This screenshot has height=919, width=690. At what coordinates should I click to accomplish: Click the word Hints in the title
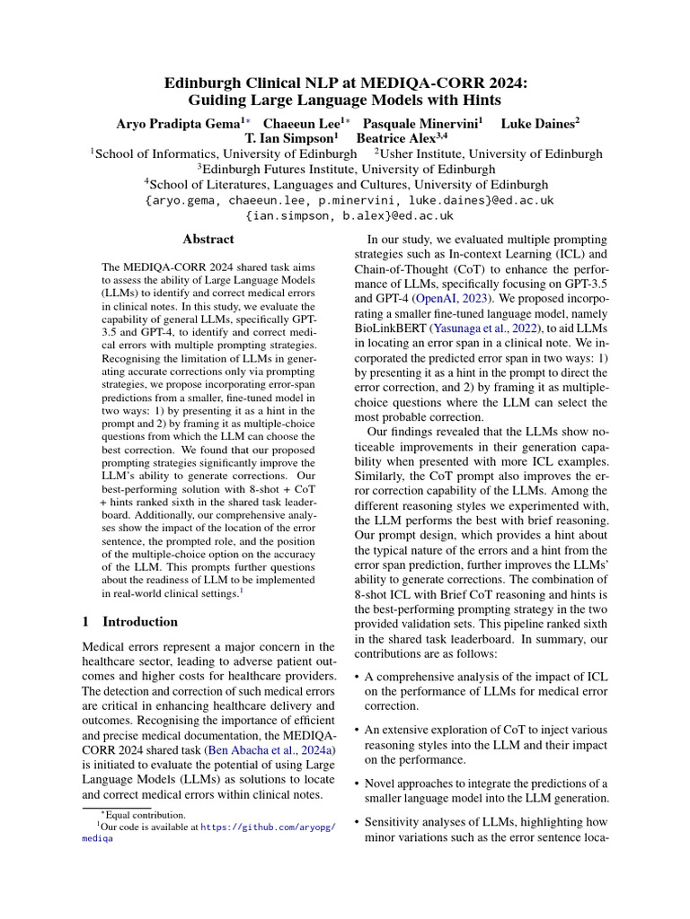477,101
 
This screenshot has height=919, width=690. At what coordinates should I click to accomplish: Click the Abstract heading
208,239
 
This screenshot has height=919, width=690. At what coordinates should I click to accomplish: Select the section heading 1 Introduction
129,622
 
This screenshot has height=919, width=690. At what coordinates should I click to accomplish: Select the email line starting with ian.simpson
349,215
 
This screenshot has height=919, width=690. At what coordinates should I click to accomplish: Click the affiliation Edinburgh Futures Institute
346,169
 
